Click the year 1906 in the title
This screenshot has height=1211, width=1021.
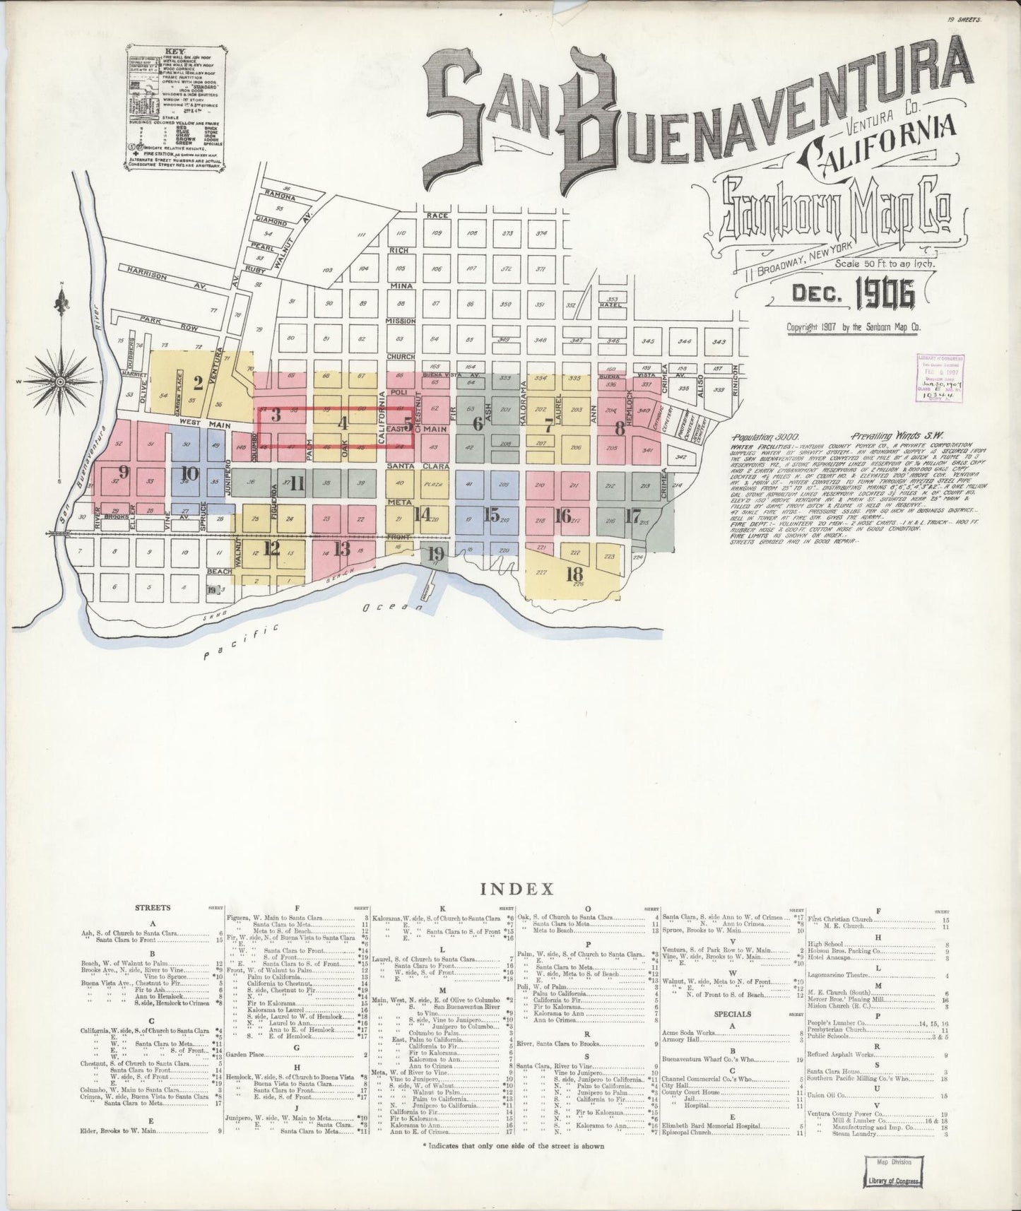tap(885, 294)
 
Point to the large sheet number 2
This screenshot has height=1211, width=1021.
tap(198, 384)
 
